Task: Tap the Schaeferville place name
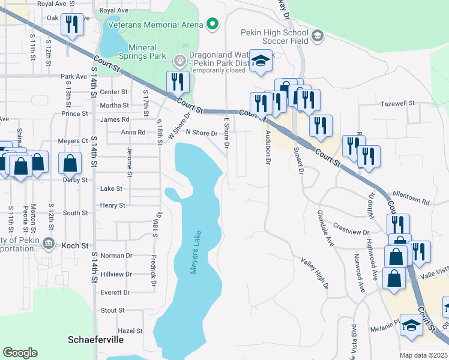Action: point(95,340)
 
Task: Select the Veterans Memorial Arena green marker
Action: point(211,24)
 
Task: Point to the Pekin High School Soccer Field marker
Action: point(318,37)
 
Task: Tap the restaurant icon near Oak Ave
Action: point(71,25)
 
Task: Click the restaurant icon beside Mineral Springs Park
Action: point(176,81)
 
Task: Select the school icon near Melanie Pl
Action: point(411,325)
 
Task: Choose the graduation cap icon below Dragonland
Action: point(260,60)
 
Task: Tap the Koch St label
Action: point(76,245)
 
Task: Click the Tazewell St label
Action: point(398,103)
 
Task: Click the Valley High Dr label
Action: point(315,272)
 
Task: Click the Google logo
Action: point(20,353)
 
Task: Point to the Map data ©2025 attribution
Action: point(424,355)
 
